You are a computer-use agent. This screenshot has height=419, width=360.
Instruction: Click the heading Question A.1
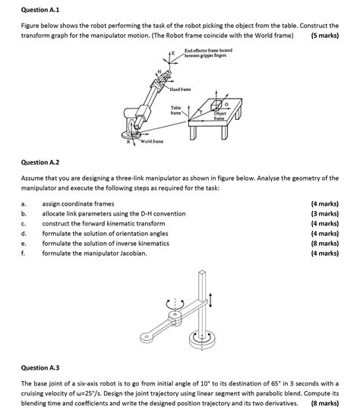pyautogui.click(x=40, y=10)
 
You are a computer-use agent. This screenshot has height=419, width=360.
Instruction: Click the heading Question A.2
pyautogui.click(x=40, y=162)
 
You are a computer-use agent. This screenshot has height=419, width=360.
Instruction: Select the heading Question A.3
pyautogui.click(x=40, y=367)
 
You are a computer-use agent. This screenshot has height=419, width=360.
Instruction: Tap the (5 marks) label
pyautogui.click(x=325, y=36)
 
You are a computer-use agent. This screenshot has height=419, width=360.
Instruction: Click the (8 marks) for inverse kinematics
pyautogui.click(x=325, y=244)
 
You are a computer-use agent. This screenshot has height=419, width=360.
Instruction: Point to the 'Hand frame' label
pyautogui.click(x=181, y=90)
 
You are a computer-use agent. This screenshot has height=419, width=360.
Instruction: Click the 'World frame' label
pyautogui.click(x=152, y=141)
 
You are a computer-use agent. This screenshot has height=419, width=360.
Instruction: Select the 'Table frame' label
pyautogui.click(x=175, y=110)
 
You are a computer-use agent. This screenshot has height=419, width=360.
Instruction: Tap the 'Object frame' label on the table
pyautogui.click(x=219, y=116)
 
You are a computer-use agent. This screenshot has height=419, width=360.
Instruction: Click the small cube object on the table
pyautogui.click(x=216, y=105)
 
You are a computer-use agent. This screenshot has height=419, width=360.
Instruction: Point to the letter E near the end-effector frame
pyautogui.click(x=173, y=53)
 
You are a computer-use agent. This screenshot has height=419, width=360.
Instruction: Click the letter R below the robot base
pyautogui.click(x=128, y=142)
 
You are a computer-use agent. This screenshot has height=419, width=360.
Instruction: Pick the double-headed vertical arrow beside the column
pyautogui.click(x=210, y=301)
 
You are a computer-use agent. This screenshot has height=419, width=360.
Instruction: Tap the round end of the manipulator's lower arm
pyautogui.click(x=146, y=336)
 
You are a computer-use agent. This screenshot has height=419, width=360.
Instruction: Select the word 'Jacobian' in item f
pyautogui.click(x=134, y=254)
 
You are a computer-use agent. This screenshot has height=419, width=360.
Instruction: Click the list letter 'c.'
pyautogui.click(x=24, y=224)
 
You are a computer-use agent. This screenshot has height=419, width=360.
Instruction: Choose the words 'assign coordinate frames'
pyautogui.click(x=78, y=204)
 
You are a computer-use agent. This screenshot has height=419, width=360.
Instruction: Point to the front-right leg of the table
pyautogui.click(x=225, y=133)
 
